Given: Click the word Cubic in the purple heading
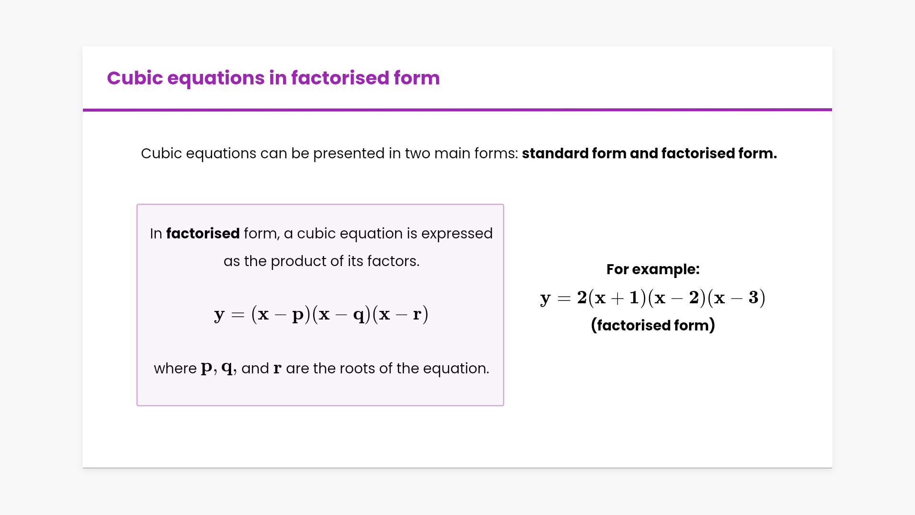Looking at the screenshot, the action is [x=135, y=78].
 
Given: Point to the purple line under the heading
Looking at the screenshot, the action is [x=457, y=110].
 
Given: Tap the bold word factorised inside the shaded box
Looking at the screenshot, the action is [x=203, y=234].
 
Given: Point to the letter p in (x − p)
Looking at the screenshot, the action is [x=298, y=315].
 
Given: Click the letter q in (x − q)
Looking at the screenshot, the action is [x=359, y=315].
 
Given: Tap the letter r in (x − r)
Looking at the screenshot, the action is [x=417, y=314].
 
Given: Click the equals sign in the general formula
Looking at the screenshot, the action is [x=237, y=315].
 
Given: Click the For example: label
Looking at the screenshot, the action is [x=653, y=269].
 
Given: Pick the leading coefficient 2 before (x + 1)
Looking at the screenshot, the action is [x=582, y=298].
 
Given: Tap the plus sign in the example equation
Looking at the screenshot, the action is [x=617, y=298].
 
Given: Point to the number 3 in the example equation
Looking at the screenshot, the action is [x=753, y=298].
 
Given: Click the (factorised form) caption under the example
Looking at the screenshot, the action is [x=653, y=325].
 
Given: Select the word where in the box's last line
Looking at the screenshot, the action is [x=175, y=369].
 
